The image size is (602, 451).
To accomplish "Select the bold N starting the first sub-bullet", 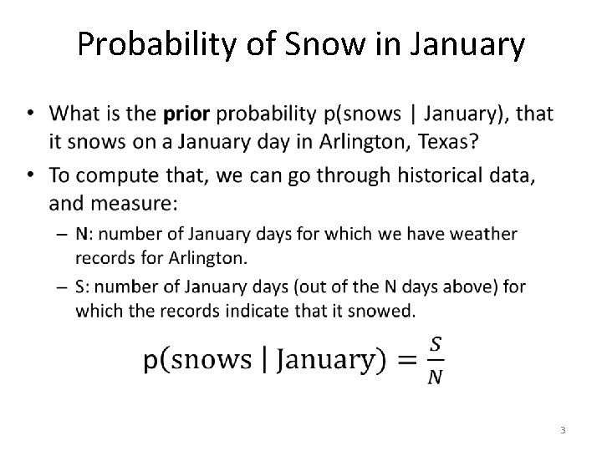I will click(81, 235).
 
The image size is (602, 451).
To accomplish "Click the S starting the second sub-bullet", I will click(80, 287).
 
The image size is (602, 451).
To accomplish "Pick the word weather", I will click(479, 235).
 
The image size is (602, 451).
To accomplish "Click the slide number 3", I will click(563, 430).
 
